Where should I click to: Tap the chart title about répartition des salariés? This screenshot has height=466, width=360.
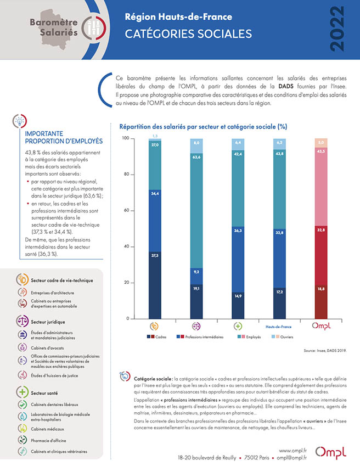pos(203,126)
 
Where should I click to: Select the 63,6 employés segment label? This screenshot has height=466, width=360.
pos(196,157)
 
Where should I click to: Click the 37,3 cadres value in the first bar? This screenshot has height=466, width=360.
pos(155,255)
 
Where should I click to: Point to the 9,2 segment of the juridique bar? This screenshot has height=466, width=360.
pos(196,271)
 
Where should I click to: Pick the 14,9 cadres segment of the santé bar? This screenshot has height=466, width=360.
pos(238,295)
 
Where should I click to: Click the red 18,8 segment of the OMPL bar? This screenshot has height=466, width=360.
pos(320,288)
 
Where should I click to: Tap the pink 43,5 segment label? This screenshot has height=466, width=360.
pos(320,151)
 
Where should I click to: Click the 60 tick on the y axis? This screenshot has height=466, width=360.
pos(125,210)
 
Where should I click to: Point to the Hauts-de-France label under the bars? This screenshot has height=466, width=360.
pos(279,326)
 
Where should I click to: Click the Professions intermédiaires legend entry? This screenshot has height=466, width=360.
pos(204,336)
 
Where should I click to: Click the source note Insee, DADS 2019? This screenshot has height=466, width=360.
pos(325,350)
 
